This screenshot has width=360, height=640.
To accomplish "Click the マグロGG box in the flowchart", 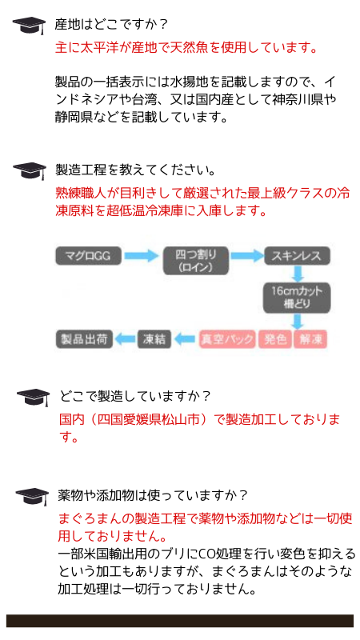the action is [88, 256].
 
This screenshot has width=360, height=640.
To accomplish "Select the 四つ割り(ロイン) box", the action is [195, 261].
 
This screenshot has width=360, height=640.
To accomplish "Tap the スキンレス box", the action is [296, 256].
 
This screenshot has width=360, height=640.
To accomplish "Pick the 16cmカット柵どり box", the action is [296, 298].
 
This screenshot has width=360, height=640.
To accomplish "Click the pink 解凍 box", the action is [311, 338].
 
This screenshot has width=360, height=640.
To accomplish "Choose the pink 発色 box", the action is [275, 338].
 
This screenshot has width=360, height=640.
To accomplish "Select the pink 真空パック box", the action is [228, 338].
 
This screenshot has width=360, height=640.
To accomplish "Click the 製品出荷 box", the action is [84, 338].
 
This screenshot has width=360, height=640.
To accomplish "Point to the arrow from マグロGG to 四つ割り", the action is [141, 256].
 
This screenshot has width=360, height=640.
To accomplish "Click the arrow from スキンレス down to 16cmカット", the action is [298, 274].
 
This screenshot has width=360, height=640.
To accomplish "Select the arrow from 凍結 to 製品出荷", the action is [126, 338].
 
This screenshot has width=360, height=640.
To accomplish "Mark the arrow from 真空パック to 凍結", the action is [185, 338].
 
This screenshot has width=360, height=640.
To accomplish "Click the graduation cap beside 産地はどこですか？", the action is [30, 27].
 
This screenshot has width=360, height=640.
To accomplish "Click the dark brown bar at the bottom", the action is [180, 621].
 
